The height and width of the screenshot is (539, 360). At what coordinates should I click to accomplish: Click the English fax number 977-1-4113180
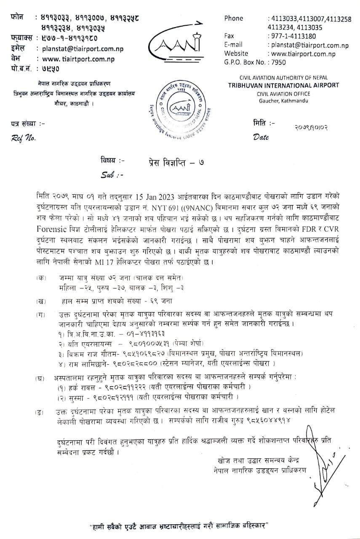[289, 36]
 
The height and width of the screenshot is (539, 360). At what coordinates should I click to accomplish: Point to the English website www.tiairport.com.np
[301, 53]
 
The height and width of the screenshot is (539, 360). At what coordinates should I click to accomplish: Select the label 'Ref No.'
[24, 137]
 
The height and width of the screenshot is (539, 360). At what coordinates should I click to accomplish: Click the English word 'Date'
[261, 136]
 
